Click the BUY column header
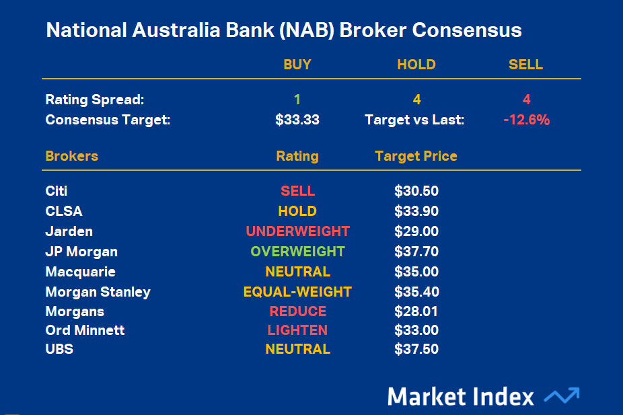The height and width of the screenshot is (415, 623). click(x=297, y=65)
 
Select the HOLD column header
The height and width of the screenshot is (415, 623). click(x=416, y=65)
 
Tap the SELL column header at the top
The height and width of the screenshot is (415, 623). click(x=525, y=65)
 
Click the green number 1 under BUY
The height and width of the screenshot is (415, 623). click(x=297, y=100)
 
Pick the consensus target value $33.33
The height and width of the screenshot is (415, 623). click(x=297, y=120)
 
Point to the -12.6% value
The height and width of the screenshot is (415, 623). click(x=526, y=120)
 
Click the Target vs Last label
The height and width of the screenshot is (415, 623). click(x=414, y=120)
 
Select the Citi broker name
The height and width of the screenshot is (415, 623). click(x=57, y=192)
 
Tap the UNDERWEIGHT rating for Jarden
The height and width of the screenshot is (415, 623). click(x=297, y=231)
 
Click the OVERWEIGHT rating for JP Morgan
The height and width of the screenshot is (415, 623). click(x=297, y=252)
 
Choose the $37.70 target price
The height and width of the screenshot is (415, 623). click(x=416, y=252)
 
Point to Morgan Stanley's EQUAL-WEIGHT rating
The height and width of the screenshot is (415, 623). click(x=297, y=292)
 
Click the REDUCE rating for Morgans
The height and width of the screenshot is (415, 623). click(x=297, y=311)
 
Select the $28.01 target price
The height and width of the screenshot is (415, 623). click(x=416, y=311)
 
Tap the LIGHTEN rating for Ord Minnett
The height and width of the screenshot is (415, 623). click(x=297, y=330)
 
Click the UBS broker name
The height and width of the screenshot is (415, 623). click(x=59, y=349)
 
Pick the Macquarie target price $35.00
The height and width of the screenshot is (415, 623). click(x=416, y=272)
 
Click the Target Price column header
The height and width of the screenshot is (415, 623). click(x=416, y=156)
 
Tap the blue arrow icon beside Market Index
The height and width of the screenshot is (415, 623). click(x=561, y=396)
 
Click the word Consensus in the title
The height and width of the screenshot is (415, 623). click(x=468, y=31)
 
